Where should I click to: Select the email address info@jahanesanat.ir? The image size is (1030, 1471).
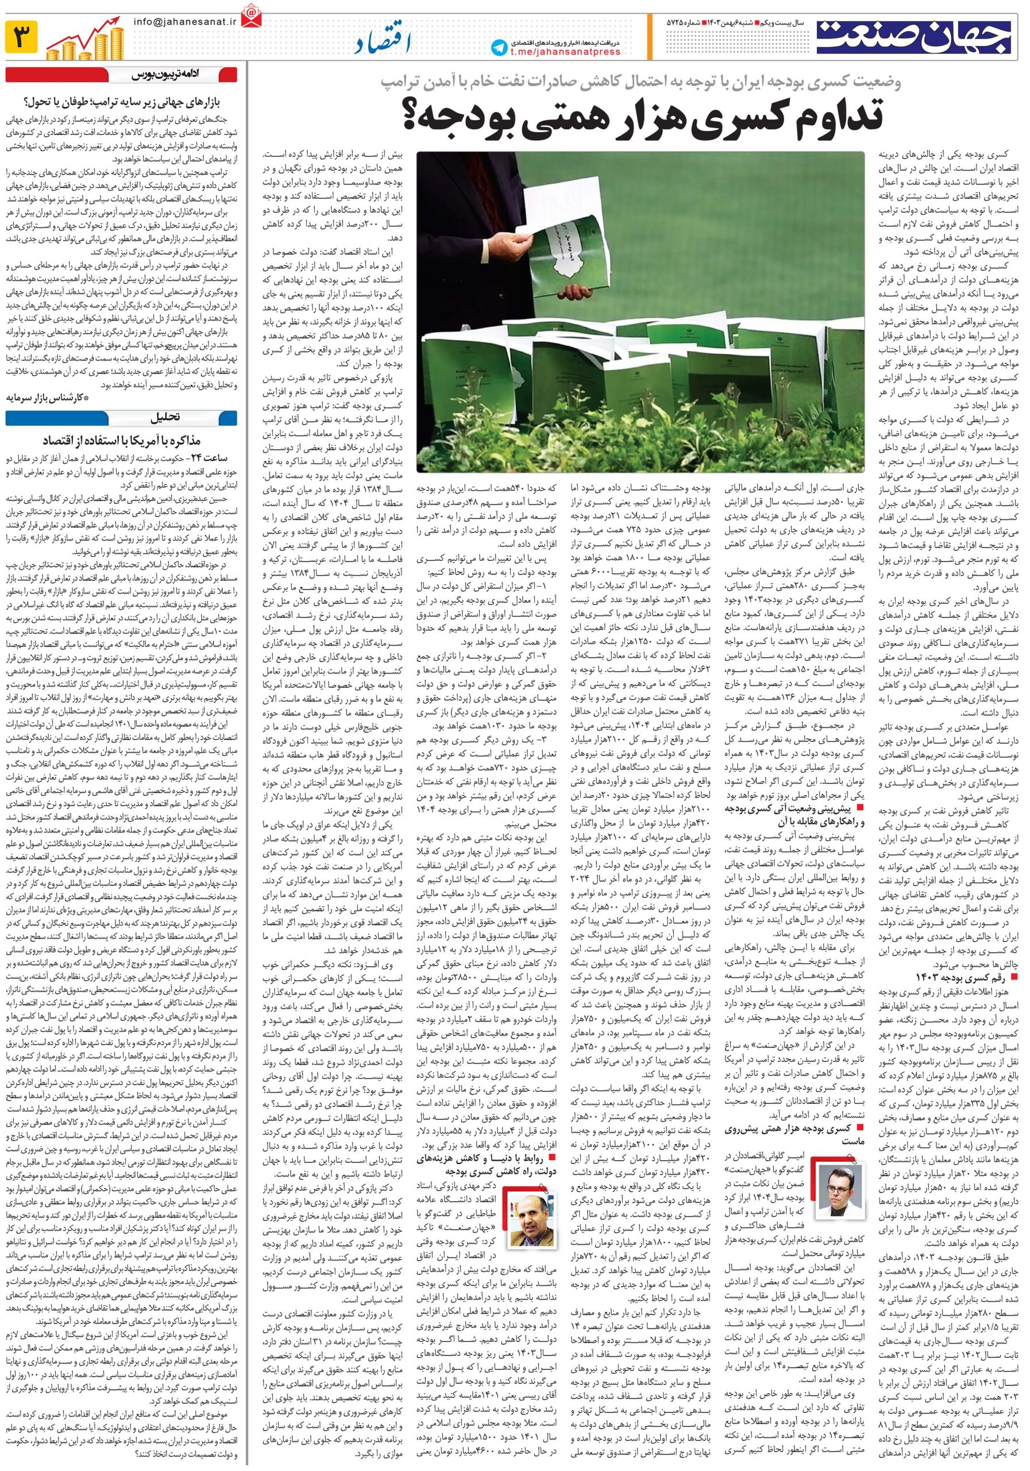click(177, 21)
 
